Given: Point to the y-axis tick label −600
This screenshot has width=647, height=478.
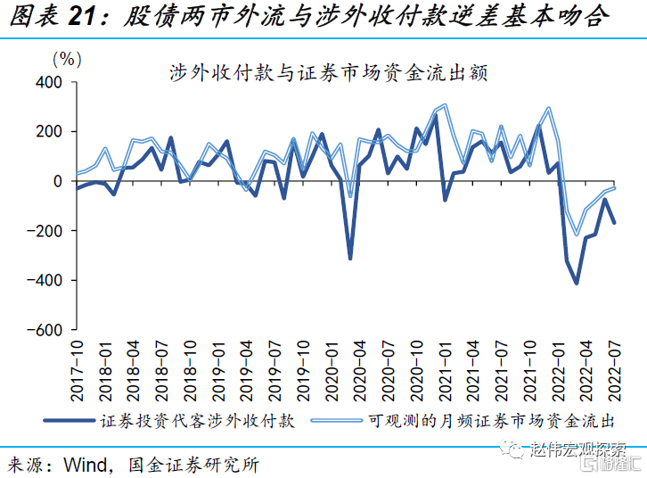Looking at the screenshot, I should pos(43,330).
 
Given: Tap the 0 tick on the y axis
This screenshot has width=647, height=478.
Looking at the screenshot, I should pos(57,181).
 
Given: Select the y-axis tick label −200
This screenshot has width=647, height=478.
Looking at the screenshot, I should pos(43,231).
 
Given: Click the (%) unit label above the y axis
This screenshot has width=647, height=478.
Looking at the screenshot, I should pos(67,59).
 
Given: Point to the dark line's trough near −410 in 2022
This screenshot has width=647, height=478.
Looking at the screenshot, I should pos(577,283).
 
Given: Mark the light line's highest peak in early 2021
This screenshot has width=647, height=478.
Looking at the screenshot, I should pos(445,105).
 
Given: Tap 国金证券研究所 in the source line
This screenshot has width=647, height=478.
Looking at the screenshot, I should pos(193,465).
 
